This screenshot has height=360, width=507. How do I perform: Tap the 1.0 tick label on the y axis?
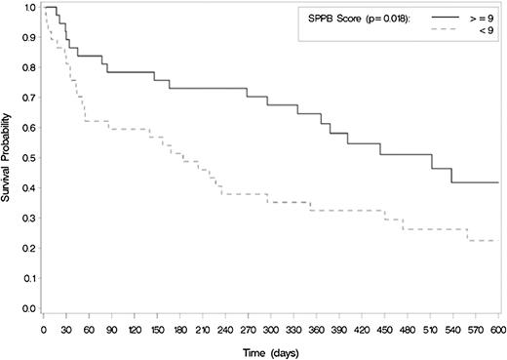28,8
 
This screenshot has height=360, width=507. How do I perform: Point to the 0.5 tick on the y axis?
28,158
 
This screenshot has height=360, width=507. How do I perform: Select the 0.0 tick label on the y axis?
28,308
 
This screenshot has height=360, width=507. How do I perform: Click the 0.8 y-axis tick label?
28,68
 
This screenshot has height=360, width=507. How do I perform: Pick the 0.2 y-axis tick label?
28,248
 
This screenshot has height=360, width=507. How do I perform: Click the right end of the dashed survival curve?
498,240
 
